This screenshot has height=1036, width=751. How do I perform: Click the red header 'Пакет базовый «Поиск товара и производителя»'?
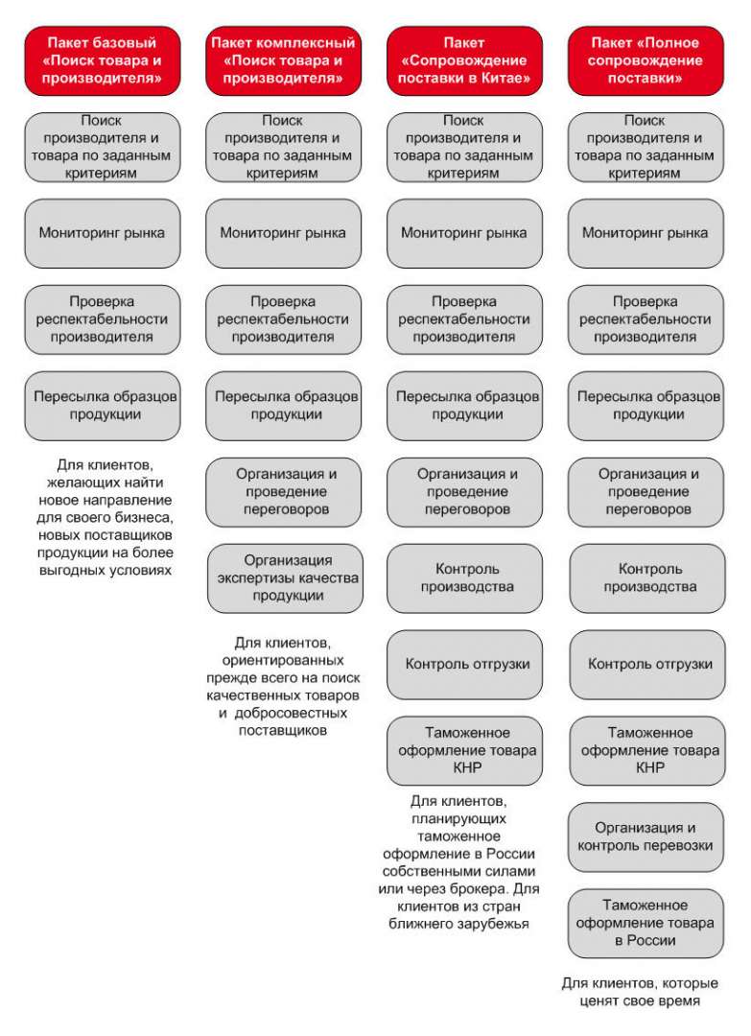[x=103, y=60]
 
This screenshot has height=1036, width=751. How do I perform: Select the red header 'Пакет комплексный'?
[x=283, y=60]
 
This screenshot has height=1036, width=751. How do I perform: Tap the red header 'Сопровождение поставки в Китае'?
[x=464, y=60]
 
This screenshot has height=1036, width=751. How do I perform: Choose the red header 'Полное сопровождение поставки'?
[x=645, y=60]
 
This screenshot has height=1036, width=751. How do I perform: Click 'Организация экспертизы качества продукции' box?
[x=285, y=578]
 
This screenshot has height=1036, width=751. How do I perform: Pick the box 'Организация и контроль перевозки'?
[x=646, y=837]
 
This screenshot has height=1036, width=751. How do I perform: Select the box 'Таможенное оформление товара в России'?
[x=646, y=923]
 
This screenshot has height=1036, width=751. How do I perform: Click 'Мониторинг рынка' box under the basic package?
[x=103, y=233]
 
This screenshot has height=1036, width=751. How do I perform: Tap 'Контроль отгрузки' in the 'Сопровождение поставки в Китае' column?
[x=464, y=665]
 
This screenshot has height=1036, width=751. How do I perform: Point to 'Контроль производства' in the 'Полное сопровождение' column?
[x=647, y=578]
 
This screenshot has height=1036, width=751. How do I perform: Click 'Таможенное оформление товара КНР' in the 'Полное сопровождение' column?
[x=647, y=750]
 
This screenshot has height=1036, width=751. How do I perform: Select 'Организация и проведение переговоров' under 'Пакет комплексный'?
[x=283, y=492]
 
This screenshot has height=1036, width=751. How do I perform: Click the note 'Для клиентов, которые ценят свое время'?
[x=640, y=992]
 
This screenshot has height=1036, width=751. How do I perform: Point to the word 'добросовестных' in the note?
[x=291, y=713]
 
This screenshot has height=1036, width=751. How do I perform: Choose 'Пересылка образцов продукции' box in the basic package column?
[x=103, y=406]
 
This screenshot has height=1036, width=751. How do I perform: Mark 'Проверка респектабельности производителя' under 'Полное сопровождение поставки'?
[x=645, y=319]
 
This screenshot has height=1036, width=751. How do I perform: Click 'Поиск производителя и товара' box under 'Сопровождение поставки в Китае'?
[x=464, y=148]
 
